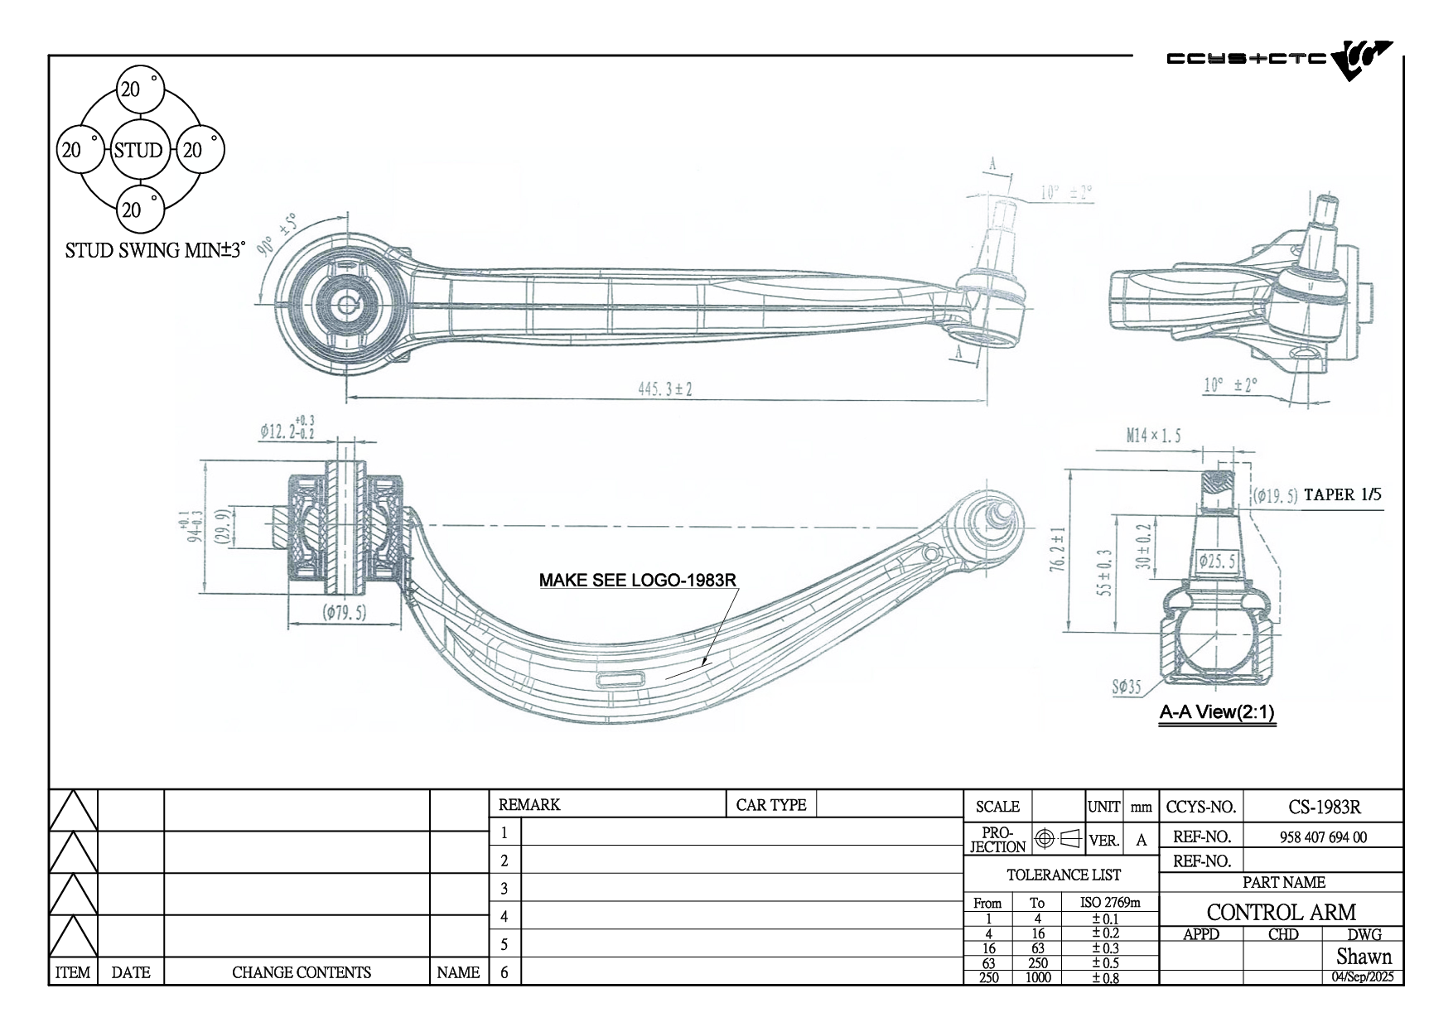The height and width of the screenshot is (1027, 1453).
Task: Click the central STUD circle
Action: coord(138,150)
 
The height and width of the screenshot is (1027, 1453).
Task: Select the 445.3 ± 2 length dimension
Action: coord(664,388)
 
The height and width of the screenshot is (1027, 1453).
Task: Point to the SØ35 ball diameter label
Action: coord(1126,686)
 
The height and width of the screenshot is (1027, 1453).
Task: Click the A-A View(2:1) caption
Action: coord(1216,712)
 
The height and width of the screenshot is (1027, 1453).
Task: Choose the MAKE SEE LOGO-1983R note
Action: coord(638,580)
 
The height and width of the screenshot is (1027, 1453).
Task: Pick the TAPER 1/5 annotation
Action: coord(1342,495)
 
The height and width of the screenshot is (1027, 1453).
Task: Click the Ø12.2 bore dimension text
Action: coord(287,431)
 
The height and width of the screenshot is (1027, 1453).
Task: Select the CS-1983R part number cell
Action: coord(1324,807)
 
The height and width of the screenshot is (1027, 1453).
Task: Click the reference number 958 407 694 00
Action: coord(1323,837)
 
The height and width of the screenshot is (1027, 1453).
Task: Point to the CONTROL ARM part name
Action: coord(1281,912)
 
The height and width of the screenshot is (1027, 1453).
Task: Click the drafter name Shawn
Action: coord(1364,957)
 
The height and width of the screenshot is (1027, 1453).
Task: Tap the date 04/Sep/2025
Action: coord(1363,976)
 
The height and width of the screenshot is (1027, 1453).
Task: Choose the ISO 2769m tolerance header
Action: coord(1110,902)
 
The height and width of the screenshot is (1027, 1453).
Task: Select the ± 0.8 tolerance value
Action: coord(1105,978)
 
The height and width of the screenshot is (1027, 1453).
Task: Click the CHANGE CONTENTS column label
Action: coord(301,972)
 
